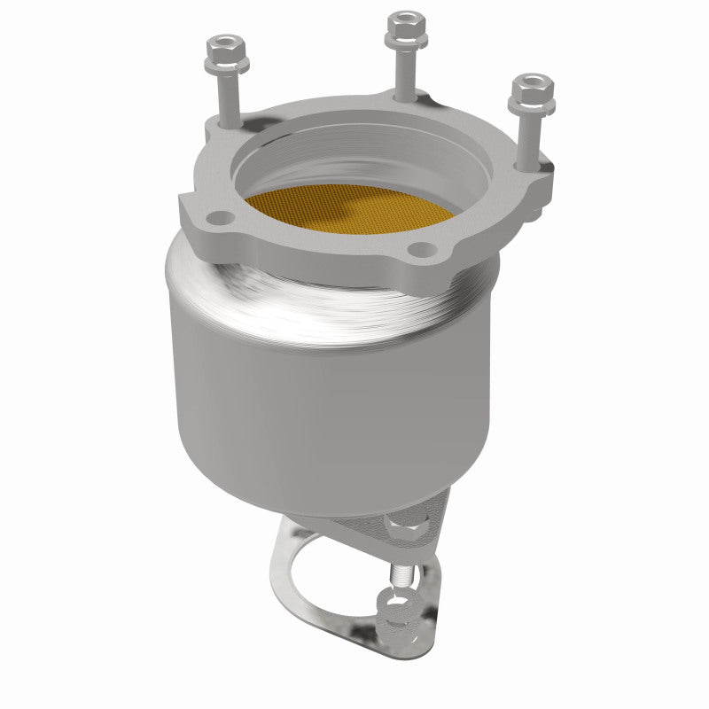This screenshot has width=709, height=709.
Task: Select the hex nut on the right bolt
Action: (x=532, y=92)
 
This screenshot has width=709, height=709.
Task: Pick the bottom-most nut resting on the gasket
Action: (x=396, y=616)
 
